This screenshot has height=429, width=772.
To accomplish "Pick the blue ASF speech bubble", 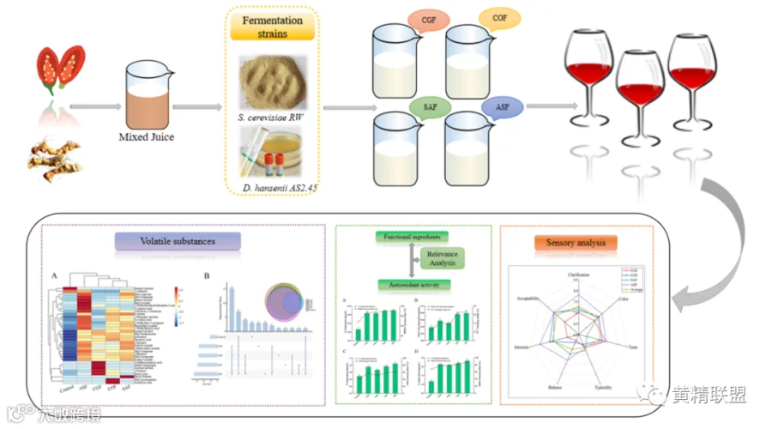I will click(502, 108).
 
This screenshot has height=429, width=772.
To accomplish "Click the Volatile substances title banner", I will click(178, 241).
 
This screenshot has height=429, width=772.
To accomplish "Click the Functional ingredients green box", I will click(411, 236).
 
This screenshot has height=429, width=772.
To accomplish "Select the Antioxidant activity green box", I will click(411, 283).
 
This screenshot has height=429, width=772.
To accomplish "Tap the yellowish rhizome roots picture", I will click(55, 159).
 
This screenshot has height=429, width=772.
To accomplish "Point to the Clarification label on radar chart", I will click(584, 274).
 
